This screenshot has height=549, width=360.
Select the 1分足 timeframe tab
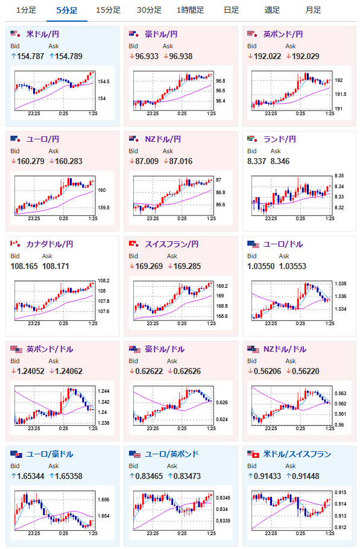[27, 10]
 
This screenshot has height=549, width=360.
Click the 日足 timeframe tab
[231, 10]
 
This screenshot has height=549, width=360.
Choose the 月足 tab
[313, 10]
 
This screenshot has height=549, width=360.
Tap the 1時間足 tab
[191, 10]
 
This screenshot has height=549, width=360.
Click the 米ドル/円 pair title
[43, 34]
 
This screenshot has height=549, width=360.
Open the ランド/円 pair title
[280, 139]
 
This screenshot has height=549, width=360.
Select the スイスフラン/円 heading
[172, 244]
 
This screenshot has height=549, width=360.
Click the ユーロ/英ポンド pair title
[172, 454]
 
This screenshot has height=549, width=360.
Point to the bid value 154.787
[30, 56]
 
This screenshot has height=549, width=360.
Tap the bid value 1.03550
[261, 267]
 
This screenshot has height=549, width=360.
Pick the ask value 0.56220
[305, 372]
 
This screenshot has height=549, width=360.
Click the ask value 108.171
[55, 267]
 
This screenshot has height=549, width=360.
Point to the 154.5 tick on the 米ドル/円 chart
[104, 81]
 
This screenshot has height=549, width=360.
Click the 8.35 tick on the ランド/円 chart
[339, 176]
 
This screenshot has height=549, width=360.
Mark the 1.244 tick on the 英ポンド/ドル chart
[104, 391]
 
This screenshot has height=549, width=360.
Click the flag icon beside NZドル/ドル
[253, 349]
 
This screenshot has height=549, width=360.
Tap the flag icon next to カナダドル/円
[16, 244]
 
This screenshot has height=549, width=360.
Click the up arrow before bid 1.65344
[13, 476]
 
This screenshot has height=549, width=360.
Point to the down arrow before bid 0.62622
[132, 371]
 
